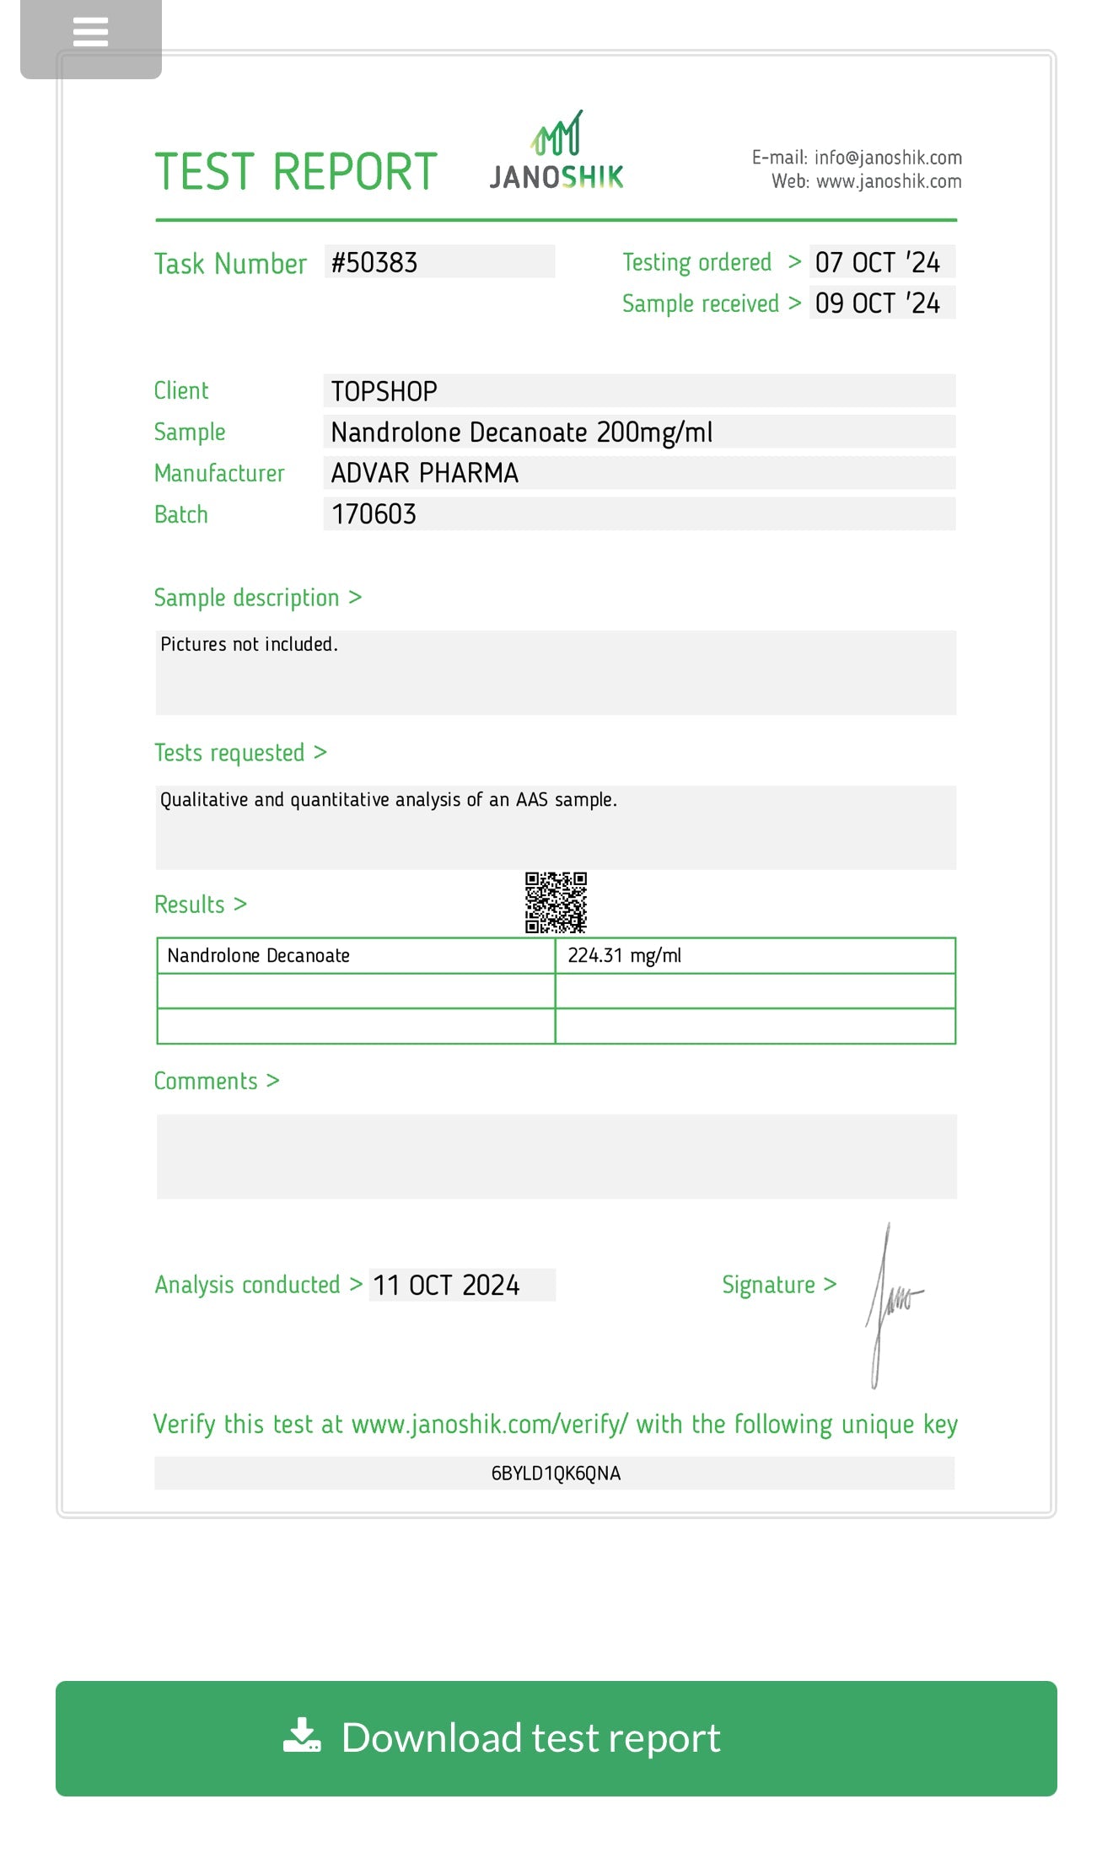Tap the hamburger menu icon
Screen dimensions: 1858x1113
click(91, 33)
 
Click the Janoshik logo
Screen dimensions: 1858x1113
click(556, 152)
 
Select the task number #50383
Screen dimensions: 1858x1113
click(374, 263)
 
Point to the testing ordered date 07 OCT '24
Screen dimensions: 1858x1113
click(877, 262)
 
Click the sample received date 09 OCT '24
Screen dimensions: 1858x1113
click(877, 303)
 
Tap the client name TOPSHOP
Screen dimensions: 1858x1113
click(384, 392)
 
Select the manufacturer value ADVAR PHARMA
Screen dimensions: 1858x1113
click(425, 474)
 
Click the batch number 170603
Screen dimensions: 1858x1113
click(374, 514)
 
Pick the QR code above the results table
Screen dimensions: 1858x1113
click(556, 903)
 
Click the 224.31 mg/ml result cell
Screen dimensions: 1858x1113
click(625, 956)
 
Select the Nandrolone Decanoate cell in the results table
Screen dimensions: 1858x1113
click(259, 956)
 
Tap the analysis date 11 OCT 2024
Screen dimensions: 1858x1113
click(446, 1286)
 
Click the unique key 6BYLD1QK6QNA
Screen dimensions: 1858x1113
click(556, 1474)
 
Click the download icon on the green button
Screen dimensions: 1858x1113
click(302, 1735)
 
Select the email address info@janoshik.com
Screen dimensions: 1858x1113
click(888, 158)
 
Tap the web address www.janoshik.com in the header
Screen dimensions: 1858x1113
click(889, 181)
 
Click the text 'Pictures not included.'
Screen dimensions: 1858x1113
click(249, 645)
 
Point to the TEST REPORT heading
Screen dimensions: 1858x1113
click(296, 173)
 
